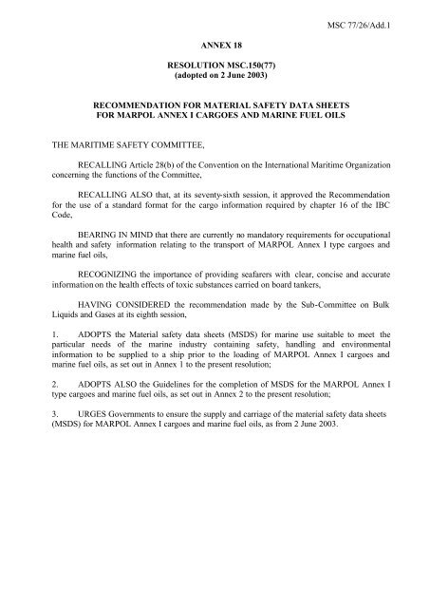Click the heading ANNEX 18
tap(214, 44)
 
